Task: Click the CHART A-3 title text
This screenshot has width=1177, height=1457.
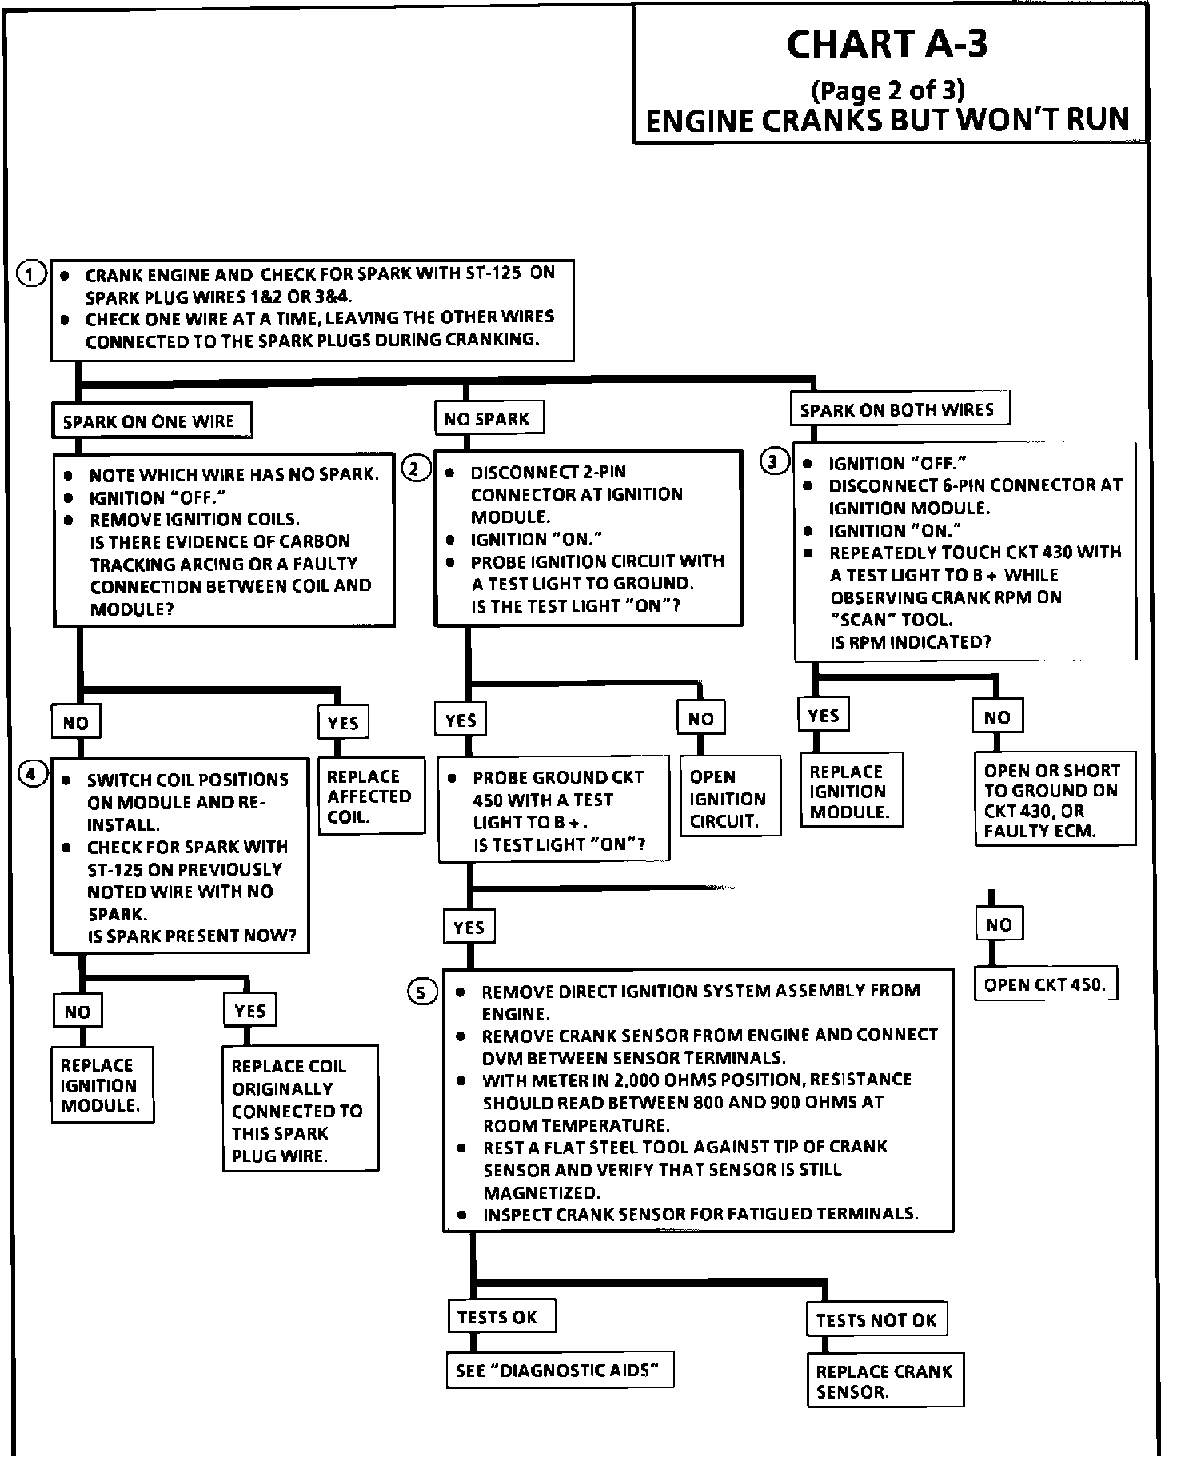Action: (x=887, y=44)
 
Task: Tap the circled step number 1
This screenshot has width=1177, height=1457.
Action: (x=30, y=274)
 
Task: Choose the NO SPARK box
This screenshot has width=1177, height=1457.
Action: (x=489, y=418)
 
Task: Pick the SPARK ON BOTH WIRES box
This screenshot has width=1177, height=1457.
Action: (x=898, y=409)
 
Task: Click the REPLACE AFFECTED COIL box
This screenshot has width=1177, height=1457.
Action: (x=371, y=796)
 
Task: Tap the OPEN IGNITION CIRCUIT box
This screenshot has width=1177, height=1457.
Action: (x=729, y=798)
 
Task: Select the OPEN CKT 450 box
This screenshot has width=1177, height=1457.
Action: (x=1044, y=984)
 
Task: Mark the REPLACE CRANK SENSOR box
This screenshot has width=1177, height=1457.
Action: (x=884, y=1382)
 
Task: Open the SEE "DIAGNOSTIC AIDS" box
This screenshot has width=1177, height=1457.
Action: (x=558, y=1371)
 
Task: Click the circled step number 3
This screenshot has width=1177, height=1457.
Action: (x=773, y=461)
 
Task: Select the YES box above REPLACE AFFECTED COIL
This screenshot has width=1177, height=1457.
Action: (x=343, y=723)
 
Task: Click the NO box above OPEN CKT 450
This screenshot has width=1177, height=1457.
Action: (x=999, y=925)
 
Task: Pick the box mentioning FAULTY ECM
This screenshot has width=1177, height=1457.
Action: (x=1053, y=800)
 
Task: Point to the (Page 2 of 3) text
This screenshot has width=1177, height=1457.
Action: (x=888, y=89)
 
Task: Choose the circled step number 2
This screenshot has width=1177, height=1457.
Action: (x=415, y=469)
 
